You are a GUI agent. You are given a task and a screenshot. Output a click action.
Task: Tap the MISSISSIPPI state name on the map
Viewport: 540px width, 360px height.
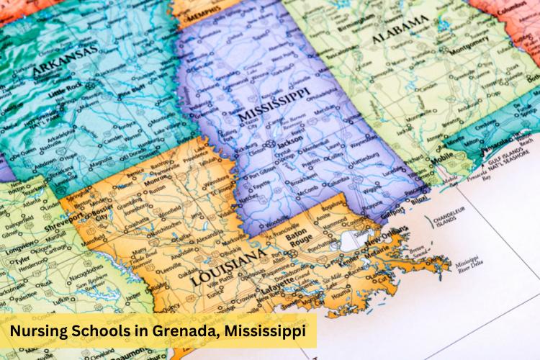click(274, 105)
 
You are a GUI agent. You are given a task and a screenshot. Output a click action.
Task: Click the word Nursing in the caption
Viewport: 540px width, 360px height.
click(40, 332)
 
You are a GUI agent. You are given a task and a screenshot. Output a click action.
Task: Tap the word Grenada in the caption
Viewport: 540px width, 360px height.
click(183, 332)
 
